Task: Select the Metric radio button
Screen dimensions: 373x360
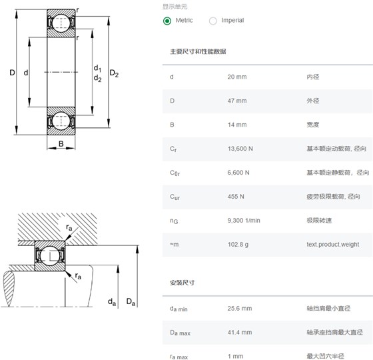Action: coord(167,21)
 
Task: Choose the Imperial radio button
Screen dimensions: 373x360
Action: coord(213,21)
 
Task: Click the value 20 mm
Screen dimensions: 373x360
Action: coord(237,77)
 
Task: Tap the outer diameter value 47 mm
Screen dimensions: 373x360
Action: coord(237,101)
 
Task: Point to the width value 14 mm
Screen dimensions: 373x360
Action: coord(237,125)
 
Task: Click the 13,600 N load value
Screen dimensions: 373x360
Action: coord(240,149)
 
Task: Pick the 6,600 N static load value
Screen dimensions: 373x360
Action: coord(238,173)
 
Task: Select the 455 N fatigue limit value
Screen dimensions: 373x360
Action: coord(236,197)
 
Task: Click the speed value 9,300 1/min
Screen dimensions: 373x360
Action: coord(244,221)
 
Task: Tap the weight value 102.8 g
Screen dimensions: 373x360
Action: coord(238,245)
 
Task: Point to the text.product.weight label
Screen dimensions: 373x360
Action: coord(333,245)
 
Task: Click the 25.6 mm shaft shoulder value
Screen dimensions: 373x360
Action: coord(240,309)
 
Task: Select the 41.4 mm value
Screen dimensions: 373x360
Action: coord(240,333)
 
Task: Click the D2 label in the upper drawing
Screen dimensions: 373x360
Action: coord(114,73)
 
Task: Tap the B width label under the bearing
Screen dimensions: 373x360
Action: coord(61,143)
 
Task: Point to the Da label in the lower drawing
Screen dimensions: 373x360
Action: coord(131,302)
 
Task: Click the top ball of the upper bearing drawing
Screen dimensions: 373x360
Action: coord(61,23)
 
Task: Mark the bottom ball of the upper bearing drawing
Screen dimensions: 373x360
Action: coord(61,121)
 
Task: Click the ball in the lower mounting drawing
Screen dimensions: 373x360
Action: coord(50,255)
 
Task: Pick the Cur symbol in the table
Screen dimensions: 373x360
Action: coord(175,197)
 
